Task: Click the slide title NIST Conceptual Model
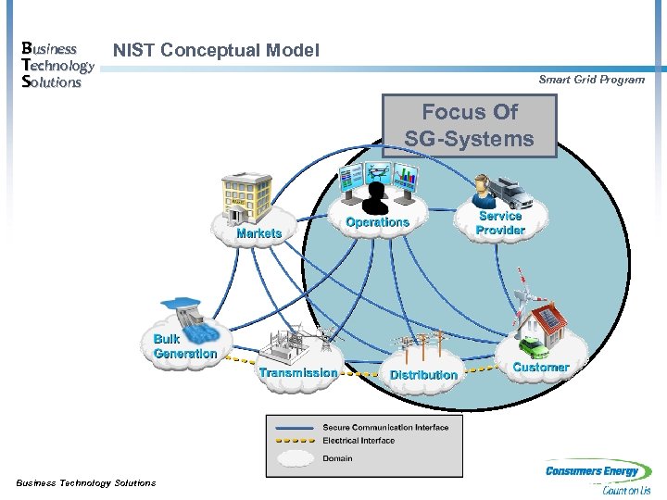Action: coord(216,51)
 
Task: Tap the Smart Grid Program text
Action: coord(591,80)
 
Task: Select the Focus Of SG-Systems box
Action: coord(470,126)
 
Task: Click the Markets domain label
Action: coord(258,233)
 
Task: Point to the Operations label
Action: coord(377,222)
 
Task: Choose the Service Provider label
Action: coord(500,223)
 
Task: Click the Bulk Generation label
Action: coord(184,346)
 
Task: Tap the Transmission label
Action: coord(298,372)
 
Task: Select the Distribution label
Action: coord(423,375)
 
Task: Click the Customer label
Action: coord(541,368)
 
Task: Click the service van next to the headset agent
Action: coord(512,191)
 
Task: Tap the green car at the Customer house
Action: coord(534,347)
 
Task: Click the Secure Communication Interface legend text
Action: coord(385,428)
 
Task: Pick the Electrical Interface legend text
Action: coord(359,441)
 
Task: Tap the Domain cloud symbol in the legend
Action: coord(294,458)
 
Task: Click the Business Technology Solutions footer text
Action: coord(86,482)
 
